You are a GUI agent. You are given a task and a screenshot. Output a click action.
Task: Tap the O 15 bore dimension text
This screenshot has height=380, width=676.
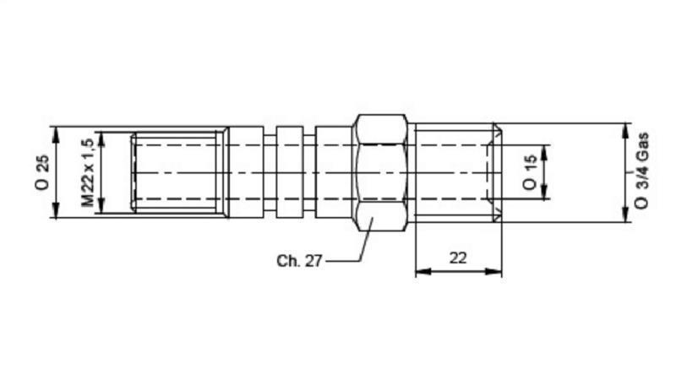pos(530,171)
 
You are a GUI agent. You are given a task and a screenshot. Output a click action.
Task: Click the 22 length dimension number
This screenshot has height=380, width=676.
pos(459,258)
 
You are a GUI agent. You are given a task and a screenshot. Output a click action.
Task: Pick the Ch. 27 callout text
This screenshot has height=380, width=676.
pos(299,261)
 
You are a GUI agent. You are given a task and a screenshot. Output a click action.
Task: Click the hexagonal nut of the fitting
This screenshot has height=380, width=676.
pos(382,172)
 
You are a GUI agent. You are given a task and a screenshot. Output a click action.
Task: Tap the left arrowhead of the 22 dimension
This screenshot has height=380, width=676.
pos(421,272)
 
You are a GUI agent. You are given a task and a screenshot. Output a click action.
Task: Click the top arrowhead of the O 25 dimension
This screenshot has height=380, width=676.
pos(56,132)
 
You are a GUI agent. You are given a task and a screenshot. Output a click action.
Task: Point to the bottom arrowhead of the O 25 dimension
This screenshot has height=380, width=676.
pos(56,213)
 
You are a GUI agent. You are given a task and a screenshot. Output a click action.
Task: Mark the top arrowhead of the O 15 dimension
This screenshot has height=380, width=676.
pos(545,149)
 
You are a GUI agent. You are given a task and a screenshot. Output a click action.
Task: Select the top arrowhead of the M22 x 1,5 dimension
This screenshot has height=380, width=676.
pos(101,136)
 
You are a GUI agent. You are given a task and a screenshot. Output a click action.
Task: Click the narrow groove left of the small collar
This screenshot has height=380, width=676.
pos(271,172)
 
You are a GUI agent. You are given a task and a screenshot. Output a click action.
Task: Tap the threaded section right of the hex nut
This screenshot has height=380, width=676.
pos(452,172)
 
